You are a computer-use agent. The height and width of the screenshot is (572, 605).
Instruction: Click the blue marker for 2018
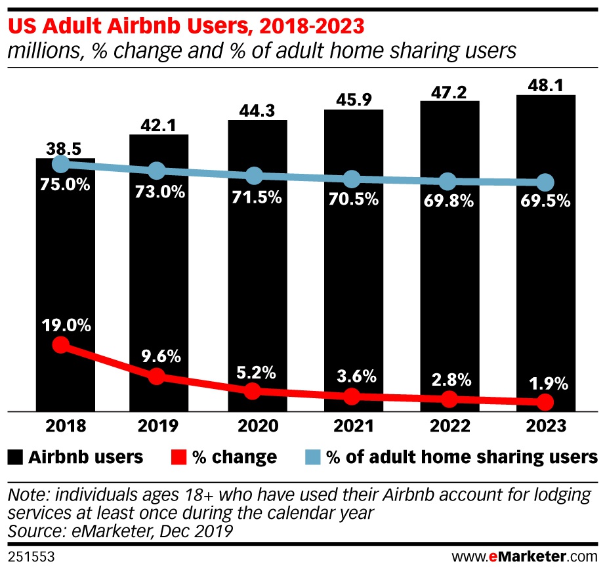pyautogui.click(x=61, y=164)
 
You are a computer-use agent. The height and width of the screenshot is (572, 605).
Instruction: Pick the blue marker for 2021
pyautogui.click(x=352, y=179)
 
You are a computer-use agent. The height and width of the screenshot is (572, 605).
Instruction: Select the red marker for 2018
pyautogui.click(x=61, y=345)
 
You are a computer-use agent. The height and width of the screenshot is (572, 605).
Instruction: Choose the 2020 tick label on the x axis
pyautogui.click(x=255, y=426)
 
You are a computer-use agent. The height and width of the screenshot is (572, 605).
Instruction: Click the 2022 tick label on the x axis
pyautogui.click(x=449, y=426)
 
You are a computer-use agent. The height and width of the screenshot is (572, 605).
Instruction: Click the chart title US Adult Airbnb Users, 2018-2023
pyautogui.click(x=186, y=28)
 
